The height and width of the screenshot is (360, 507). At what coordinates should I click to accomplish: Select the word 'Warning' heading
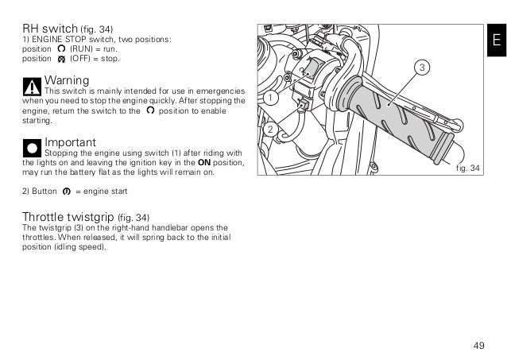tap(67, 80)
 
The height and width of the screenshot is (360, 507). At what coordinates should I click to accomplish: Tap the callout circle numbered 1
tap(270, 99)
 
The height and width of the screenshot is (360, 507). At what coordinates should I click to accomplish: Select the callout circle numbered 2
tap(270, 129)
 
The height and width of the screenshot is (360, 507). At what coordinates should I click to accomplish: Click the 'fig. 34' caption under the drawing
tap(469, 168)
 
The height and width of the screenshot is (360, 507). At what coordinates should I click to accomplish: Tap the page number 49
tap(478, 344)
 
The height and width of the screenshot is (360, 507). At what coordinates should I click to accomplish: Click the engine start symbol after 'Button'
tap(66, 192)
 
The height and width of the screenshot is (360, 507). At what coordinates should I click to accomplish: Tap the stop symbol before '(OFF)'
tap(62, 59)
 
